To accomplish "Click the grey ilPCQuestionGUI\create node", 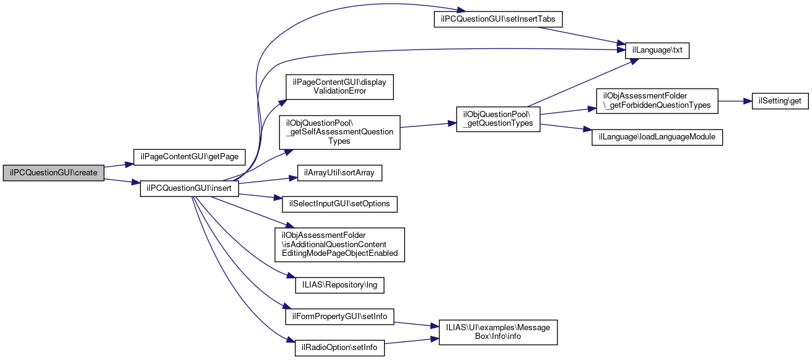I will [53, 172].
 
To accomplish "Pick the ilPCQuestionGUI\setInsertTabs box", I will [497, 19].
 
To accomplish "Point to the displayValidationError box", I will [339, 86].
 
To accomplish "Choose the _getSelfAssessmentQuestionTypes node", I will [339, 131].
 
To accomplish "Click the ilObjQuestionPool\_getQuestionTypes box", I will [498, 118].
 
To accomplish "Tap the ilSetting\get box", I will [780, 102].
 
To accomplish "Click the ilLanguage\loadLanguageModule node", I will [657, 137].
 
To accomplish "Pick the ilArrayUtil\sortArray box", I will [339, 172].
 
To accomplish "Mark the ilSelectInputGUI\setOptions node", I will [339, 203].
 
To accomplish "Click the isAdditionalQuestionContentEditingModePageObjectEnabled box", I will [339, 244].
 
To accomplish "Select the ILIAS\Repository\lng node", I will [339, 285].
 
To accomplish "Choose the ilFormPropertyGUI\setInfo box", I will [339, 316].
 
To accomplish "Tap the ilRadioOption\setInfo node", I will [339, 348].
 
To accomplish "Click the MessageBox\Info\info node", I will [498, 332].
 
